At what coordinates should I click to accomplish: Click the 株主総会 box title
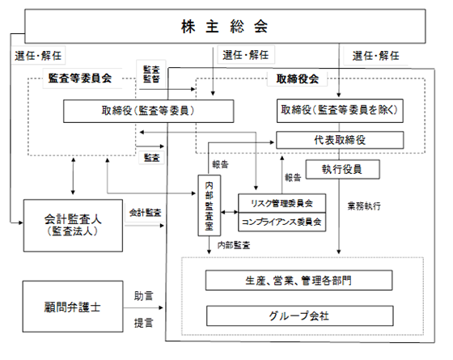225,27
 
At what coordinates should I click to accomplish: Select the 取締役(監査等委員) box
149,112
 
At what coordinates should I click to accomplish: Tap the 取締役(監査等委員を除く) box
340,111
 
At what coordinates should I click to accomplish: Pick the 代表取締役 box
340,140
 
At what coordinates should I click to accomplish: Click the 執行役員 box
343,169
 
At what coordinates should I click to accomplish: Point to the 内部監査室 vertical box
210,205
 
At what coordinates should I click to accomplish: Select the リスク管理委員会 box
282,203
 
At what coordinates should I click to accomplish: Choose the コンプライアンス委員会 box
282,222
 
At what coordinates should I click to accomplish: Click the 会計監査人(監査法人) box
73,226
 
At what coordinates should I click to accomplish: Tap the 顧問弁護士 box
73,307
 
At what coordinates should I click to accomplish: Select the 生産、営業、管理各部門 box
298,280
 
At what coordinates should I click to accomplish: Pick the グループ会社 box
299,316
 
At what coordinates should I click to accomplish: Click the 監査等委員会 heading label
80,78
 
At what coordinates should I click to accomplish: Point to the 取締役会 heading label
298,78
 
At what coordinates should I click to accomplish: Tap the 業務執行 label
364,206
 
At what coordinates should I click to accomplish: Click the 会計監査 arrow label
145,213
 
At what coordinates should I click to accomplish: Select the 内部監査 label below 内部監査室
234,245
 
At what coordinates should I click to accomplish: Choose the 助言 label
144,296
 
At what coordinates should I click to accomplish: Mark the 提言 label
144,323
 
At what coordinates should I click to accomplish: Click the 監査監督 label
151,74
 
